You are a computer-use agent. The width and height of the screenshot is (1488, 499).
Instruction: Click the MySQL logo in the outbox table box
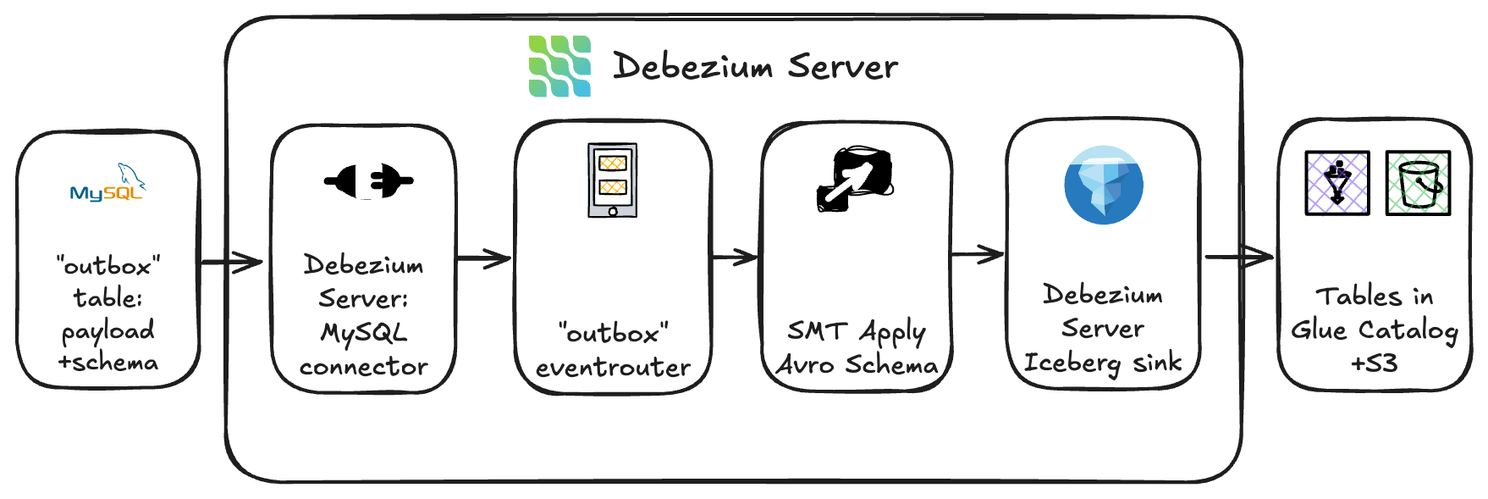(107, 184)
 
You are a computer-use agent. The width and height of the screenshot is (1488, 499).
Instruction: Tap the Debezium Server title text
(755, 66)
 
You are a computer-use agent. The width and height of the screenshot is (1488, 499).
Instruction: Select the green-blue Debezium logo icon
(559, 66)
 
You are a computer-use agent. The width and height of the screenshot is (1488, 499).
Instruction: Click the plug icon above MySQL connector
(368, 180)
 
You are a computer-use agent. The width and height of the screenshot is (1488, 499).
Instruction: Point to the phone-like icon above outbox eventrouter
(612, 180)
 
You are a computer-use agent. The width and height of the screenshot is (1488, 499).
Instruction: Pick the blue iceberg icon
(1103, 185)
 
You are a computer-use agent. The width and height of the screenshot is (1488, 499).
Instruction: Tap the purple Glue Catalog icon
(1336, 182)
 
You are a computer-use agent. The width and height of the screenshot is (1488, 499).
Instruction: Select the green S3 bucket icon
(1418, 182)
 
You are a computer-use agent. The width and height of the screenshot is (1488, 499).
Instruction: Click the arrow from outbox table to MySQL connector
(231, 262)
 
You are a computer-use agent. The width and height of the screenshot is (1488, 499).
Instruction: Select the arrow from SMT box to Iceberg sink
(978, 253)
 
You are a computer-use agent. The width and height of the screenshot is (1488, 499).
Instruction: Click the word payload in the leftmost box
(107, 331)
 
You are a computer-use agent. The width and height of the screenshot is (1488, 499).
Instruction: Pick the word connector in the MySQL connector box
(363, 367)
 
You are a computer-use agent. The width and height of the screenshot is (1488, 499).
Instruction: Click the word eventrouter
(613, 368)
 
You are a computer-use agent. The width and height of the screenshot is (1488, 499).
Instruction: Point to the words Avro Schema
(857, 365)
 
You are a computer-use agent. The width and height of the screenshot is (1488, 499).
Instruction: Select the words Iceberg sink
(1102, 363)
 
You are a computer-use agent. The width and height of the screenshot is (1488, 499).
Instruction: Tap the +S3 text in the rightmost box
(1374, 363)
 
